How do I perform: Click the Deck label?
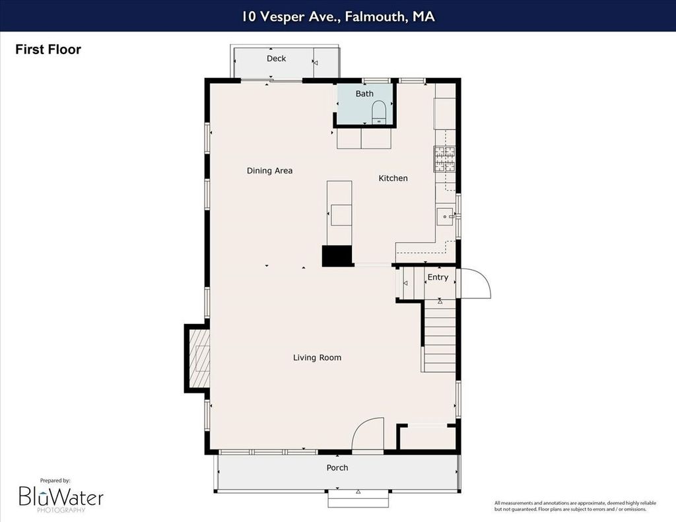[276, 58]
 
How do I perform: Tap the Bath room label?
[364, 94]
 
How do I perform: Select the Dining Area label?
[269, 171]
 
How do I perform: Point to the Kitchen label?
[393, 178]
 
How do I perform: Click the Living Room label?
[317, 357]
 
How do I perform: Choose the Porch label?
[337, 468]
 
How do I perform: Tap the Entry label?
[438, 277]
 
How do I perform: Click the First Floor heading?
[48, 49]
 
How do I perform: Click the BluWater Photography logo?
[61, 496]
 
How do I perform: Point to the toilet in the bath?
[379, 112]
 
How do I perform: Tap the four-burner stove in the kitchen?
[444, 158]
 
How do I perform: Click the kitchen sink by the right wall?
[446, 216]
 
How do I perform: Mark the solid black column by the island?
[337, 256]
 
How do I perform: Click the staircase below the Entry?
[439, 336]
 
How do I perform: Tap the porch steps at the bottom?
[358, 499]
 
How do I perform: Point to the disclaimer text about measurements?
[575, 506]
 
